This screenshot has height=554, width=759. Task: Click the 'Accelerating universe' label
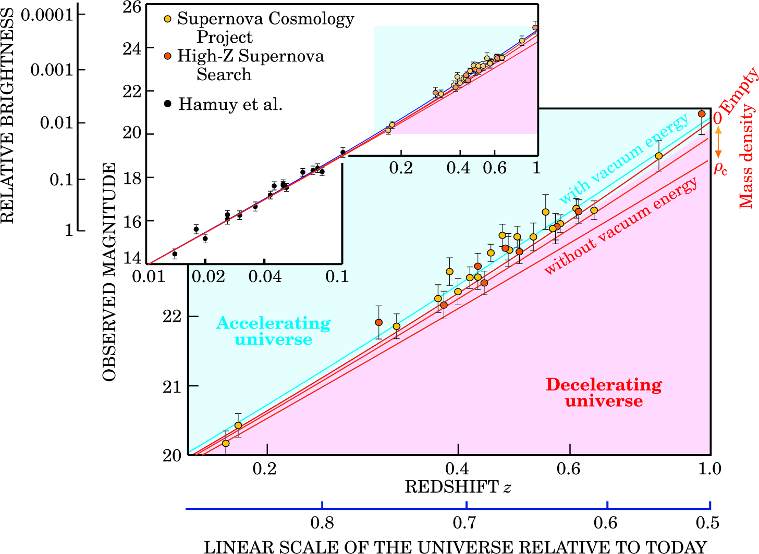273,331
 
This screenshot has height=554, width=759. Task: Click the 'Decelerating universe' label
604,393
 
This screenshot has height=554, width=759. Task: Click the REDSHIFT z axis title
458,487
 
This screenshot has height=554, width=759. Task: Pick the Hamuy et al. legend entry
230,104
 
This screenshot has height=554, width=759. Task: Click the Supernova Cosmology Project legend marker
168,19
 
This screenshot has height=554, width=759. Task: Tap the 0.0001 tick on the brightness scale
47,14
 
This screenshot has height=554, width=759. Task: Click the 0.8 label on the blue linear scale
322,523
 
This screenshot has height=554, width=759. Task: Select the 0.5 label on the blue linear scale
708,523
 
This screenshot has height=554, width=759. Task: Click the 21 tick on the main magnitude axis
172,386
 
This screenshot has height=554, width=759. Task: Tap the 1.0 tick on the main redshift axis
709,469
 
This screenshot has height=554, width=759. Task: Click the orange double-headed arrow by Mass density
718,143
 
